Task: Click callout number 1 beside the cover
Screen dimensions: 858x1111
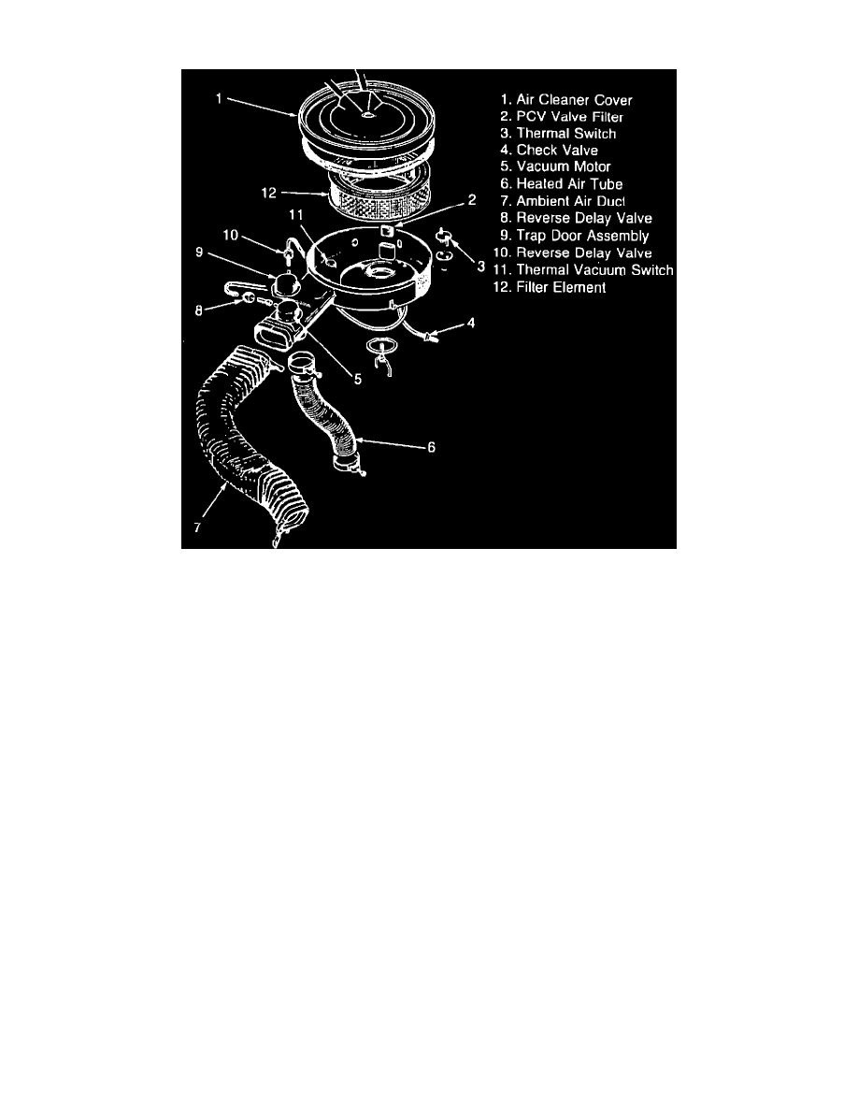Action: tap(220, 98)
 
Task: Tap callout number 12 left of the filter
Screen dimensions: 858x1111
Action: tap(268, 193)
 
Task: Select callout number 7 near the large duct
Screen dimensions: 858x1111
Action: tap(197, 527)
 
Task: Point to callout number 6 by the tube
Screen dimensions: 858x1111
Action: tap(431, 447)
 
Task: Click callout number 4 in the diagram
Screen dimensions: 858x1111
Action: tap(471, 324)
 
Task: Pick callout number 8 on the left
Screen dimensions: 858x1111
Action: tap(199, 310)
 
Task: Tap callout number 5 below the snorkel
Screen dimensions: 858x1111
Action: tap(358, 380)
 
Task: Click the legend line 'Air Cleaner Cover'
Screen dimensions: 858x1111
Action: tap(565, 100)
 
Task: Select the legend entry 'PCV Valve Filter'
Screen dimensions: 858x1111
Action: tap(562, 117)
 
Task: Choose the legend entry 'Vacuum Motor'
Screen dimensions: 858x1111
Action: tap(555, 166)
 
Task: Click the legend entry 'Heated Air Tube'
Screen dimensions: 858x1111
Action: tap(562, 184)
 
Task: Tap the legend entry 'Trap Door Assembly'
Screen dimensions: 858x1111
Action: tap(574, 236)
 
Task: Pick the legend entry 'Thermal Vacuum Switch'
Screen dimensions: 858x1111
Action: tap(583, 270)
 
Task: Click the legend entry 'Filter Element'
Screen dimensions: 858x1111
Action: tap(550, 288)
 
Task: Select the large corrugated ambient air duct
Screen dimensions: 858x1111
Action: tap(247, 440)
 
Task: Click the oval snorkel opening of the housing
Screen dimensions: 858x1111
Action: tap(271, 337)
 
